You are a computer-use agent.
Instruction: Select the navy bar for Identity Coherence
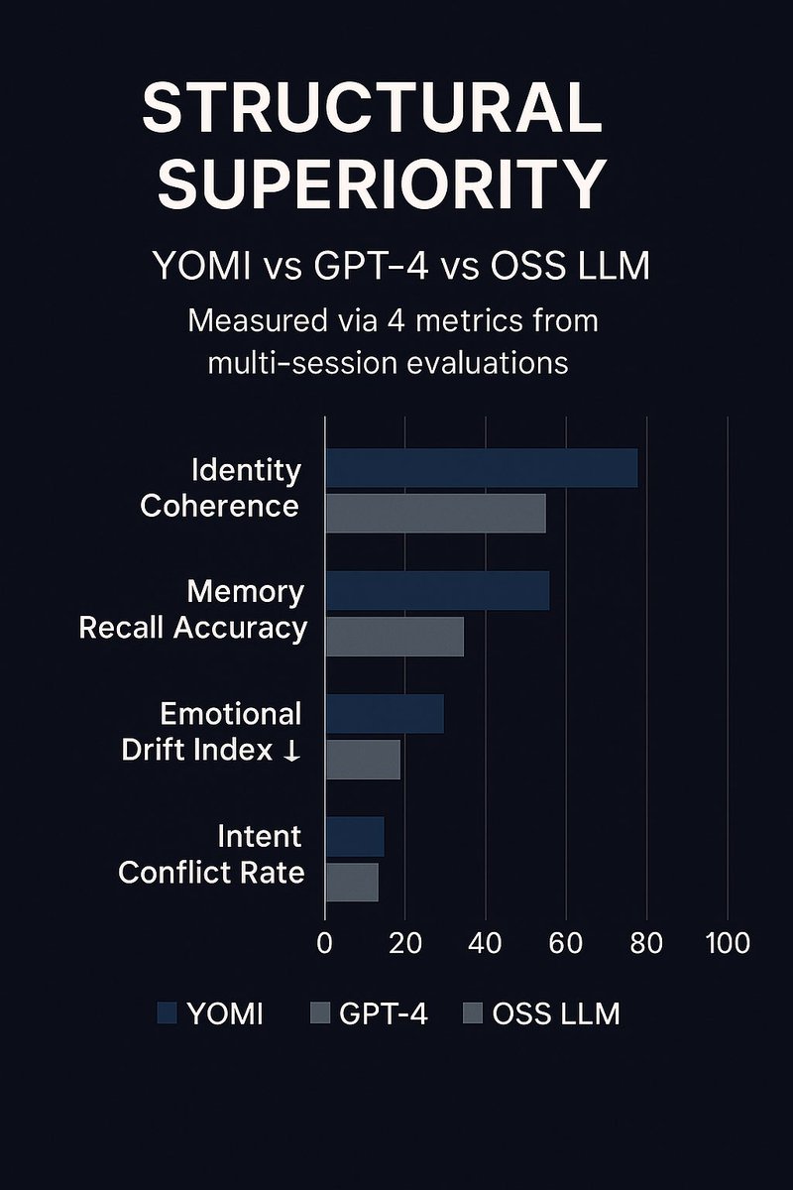tap(482, 468)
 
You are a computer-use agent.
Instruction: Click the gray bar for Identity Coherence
tap(436, 513)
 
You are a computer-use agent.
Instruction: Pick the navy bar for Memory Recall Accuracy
tap(437, 591)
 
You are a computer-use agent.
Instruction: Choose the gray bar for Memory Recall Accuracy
tap(395, 636)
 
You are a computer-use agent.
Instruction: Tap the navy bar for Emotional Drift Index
tap(385, 714)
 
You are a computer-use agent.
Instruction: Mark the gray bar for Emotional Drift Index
tap(363, 760)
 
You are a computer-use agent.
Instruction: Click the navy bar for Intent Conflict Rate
tap(355, 837)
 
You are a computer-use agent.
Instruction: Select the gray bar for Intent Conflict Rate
tap(352, 882)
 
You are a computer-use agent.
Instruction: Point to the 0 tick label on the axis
tap(324, 942)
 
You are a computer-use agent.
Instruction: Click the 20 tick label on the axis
tap(404, 942)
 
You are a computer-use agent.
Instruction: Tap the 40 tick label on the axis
tap(485, 942)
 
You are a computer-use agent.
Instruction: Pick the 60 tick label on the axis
tap(565, 942)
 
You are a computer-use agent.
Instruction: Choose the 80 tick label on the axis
tap(646, 942)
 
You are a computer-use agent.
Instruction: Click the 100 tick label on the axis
tap(728, 942)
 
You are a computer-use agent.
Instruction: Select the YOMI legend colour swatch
tap(168, 1013)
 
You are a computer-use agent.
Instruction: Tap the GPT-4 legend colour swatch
tap(319, 1013)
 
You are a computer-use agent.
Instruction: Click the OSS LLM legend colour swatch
tap(472, 1013)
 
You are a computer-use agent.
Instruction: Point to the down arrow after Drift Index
tap(291, 751)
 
